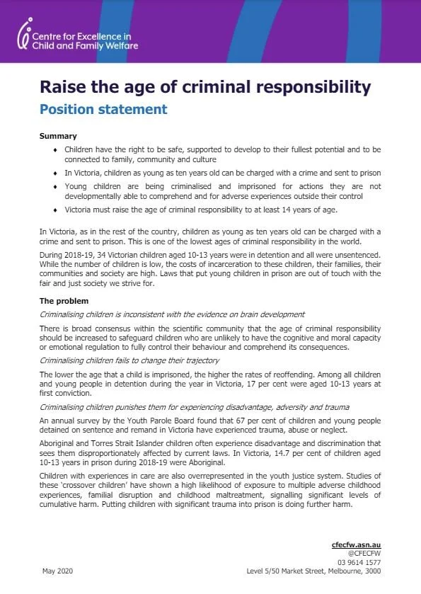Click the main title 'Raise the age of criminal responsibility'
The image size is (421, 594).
[x=205, y=87]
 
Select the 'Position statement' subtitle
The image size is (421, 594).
[x=103, y=109]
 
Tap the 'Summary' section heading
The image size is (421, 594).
[x=58, y=136]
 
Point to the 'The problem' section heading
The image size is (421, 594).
[x=64, y=300]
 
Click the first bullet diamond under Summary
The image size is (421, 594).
[x=56, y=150]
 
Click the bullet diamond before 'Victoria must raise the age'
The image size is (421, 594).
[x=56, y=210]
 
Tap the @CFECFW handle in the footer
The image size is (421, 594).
[x=365, y=554]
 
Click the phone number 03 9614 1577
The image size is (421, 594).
[x=360, y=562]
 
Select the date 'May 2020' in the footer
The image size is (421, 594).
[x=57, y=571]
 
